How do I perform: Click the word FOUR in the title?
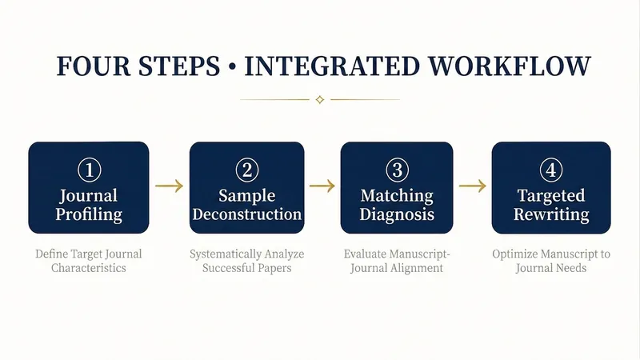click(93, 66)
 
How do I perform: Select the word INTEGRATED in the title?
click(332, 66)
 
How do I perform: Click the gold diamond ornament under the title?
click(320, 99)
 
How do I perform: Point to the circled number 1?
click(89, 170)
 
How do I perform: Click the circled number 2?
click(247, 170)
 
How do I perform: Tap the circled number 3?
click(397, 170)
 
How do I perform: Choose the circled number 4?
click(551, 170)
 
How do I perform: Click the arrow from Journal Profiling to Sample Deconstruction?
click(170, 186)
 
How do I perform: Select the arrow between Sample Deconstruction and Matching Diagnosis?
click(322, 186)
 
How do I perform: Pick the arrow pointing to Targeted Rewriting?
click(473, 186)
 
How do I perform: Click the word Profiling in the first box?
click(89, 214)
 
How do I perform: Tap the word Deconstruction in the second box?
click(247, 214)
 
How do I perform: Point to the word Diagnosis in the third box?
click(397, 214)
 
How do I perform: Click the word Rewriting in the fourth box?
click(551, 214)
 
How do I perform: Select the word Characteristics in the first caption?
click(89, 268)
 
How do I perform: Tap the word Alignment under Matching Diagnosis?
click(416, 268)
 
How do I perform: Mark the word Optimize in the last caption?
click(515, 254)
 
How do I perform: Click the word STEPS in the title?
click(179, 66)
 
